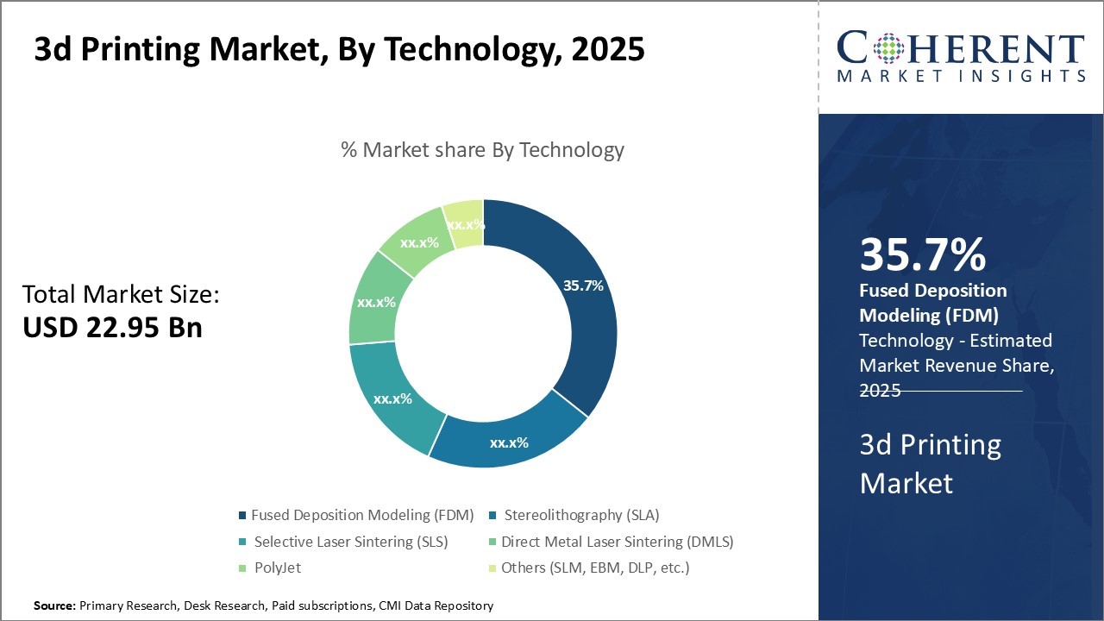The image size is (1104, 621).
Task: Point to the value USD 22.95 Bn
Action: coord(112,327)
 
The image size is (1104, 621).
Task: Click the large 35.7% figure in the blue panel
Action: coord(922,255)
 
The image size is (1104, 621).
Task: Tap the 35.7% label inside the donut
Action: coord(583,285)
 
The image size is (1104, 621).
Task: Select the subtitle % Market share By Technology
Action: coord(482,150)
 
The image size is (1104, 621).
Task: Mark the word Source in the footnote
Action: coord(54,606)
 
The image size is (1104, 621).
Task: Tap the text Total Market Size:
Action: coord(122,295)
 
